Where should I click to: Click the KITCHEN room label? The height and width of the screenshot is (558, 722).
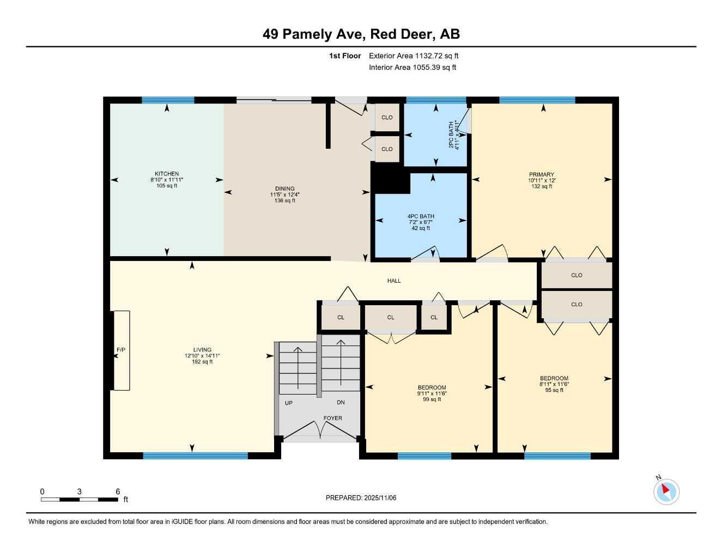click(x=167, y=174)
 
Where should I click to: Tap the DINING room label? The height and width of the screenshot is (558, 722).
click(x=284, y=189)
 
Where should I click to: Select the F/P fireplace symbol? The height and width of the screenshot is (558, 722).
click(x=121, y=350)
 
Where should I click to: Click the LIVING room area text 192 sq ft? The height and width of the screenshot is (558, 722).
click(x=202, y=362)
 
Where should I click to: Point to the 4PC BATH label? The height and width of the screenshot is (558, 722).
click(x=421, y=216)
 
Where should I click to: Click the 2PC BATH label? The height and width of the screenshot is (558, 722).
click(x=451, y=135)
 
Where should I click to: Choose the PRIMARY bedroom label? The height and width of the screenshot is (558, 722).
click(x=541, y=174)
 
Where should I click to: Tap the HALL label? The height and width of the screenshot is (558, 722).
click(x=394, y=281)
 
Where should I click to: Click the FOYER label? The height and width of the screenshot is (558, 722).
click(x=333, y=418)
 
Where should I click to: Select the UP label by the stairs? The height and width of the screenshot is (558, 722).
click(x=289, y=403)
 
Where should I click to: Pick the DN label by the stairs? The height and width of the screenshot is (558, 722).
click(x=341, y=403)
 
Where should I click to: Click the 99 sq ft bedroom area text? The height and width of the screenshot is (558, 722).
click(x=432, y=399)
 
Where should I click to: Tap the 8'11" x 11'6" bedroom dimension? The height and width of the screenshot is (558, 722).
click(x=554, y=384)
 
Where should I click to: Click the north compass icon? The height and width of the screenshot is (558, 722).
click(x=666, y=491)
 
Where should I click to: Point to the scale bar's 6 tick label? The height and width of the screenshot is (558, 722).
click(x=118, y=492)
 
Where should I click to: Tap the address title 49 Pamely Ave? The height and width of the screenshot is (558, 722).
click(x=313, y=34)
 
